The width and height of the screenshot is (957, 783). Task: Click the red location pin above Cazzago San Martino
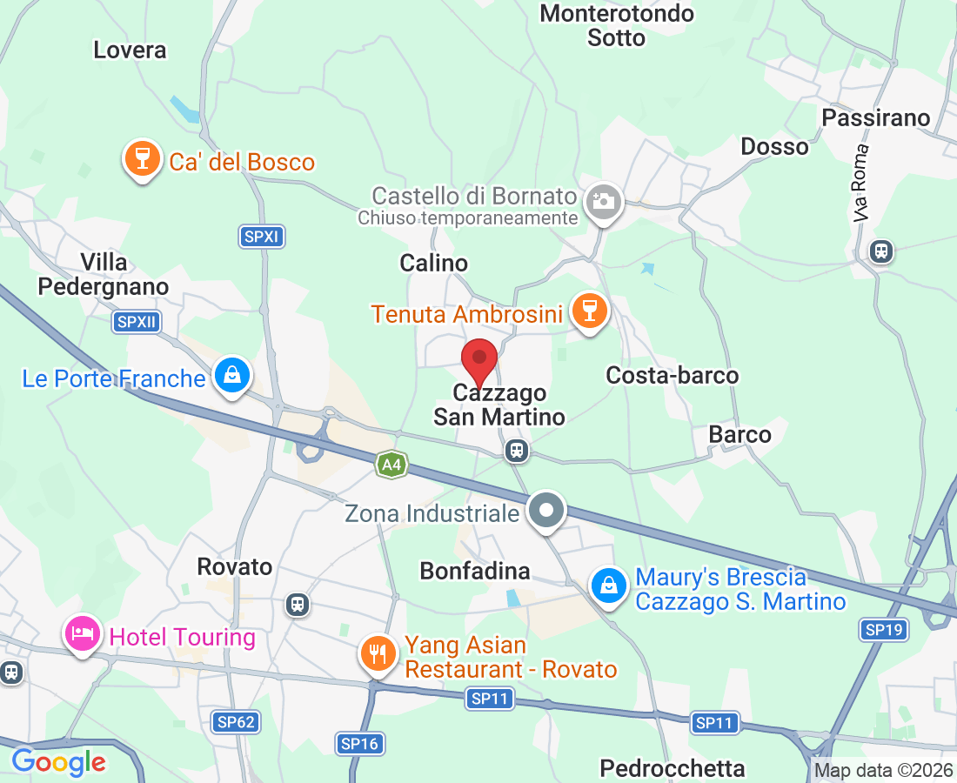478,358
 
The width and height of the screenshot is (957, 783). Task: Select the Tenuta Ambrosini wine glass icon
589,311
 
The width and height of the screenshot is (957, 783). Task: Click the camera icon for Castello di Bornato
603,202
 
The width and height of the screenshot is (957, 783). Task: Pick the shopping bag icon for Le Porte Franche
232,375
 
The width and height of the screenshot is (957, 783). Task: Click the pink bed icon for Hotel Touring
82,634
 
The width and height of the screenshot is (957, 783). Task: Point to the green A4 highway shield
391,465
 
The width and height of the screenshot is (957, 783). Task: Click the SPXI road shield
262,236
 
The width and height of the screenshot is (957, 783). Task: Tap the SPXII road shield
137,323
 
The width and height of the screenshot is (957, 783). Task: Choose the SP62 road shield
236,721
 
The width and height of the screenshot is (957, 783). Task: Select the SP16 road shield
360,743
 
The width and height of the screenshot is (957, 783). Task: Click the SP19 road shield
884,630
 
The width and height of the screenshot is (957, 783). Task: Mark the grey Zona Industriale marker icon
546,510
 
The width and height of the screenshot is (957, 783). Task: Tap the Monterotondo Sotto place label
616,25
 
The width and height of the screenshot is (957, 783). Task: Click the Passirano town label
875,117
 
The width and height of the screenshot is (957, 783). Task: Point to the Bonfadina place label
474,571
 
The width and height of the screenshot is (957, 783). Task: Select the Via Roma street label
861,183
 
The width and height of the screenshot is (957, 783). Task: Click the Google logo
58,763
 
